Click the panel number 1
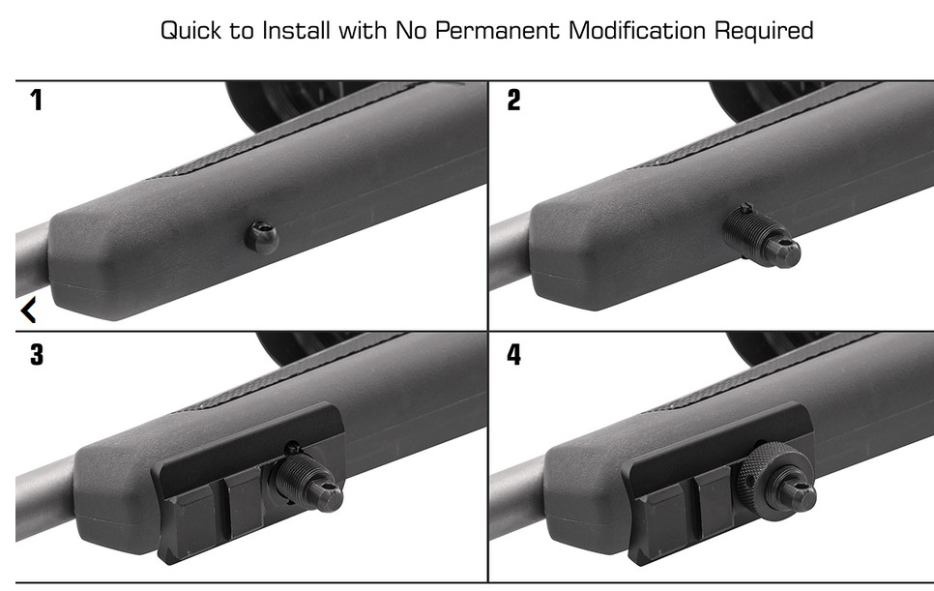pyautogui.click(x=37, y=100)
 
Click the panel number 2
pyautogui.click(x=513, y=100)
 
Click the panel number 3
pyautogui.click(x=37, y=355)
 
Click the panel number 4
pyautogui.click(x=513, y=355)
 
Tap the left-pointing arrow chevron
pyautogui.click(x=28, y=310)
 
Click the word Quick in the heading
pyautogui.click(x=191, y=30)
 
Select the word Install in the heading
pyautogui.click(x=297, y=30)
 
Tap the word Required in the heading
pyautogui.click(x=763, y=30)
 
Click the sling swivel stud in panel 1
pyautogui.click(x=261, y=236)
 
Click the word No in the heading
pyautogui.click(x=410, y=30)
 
